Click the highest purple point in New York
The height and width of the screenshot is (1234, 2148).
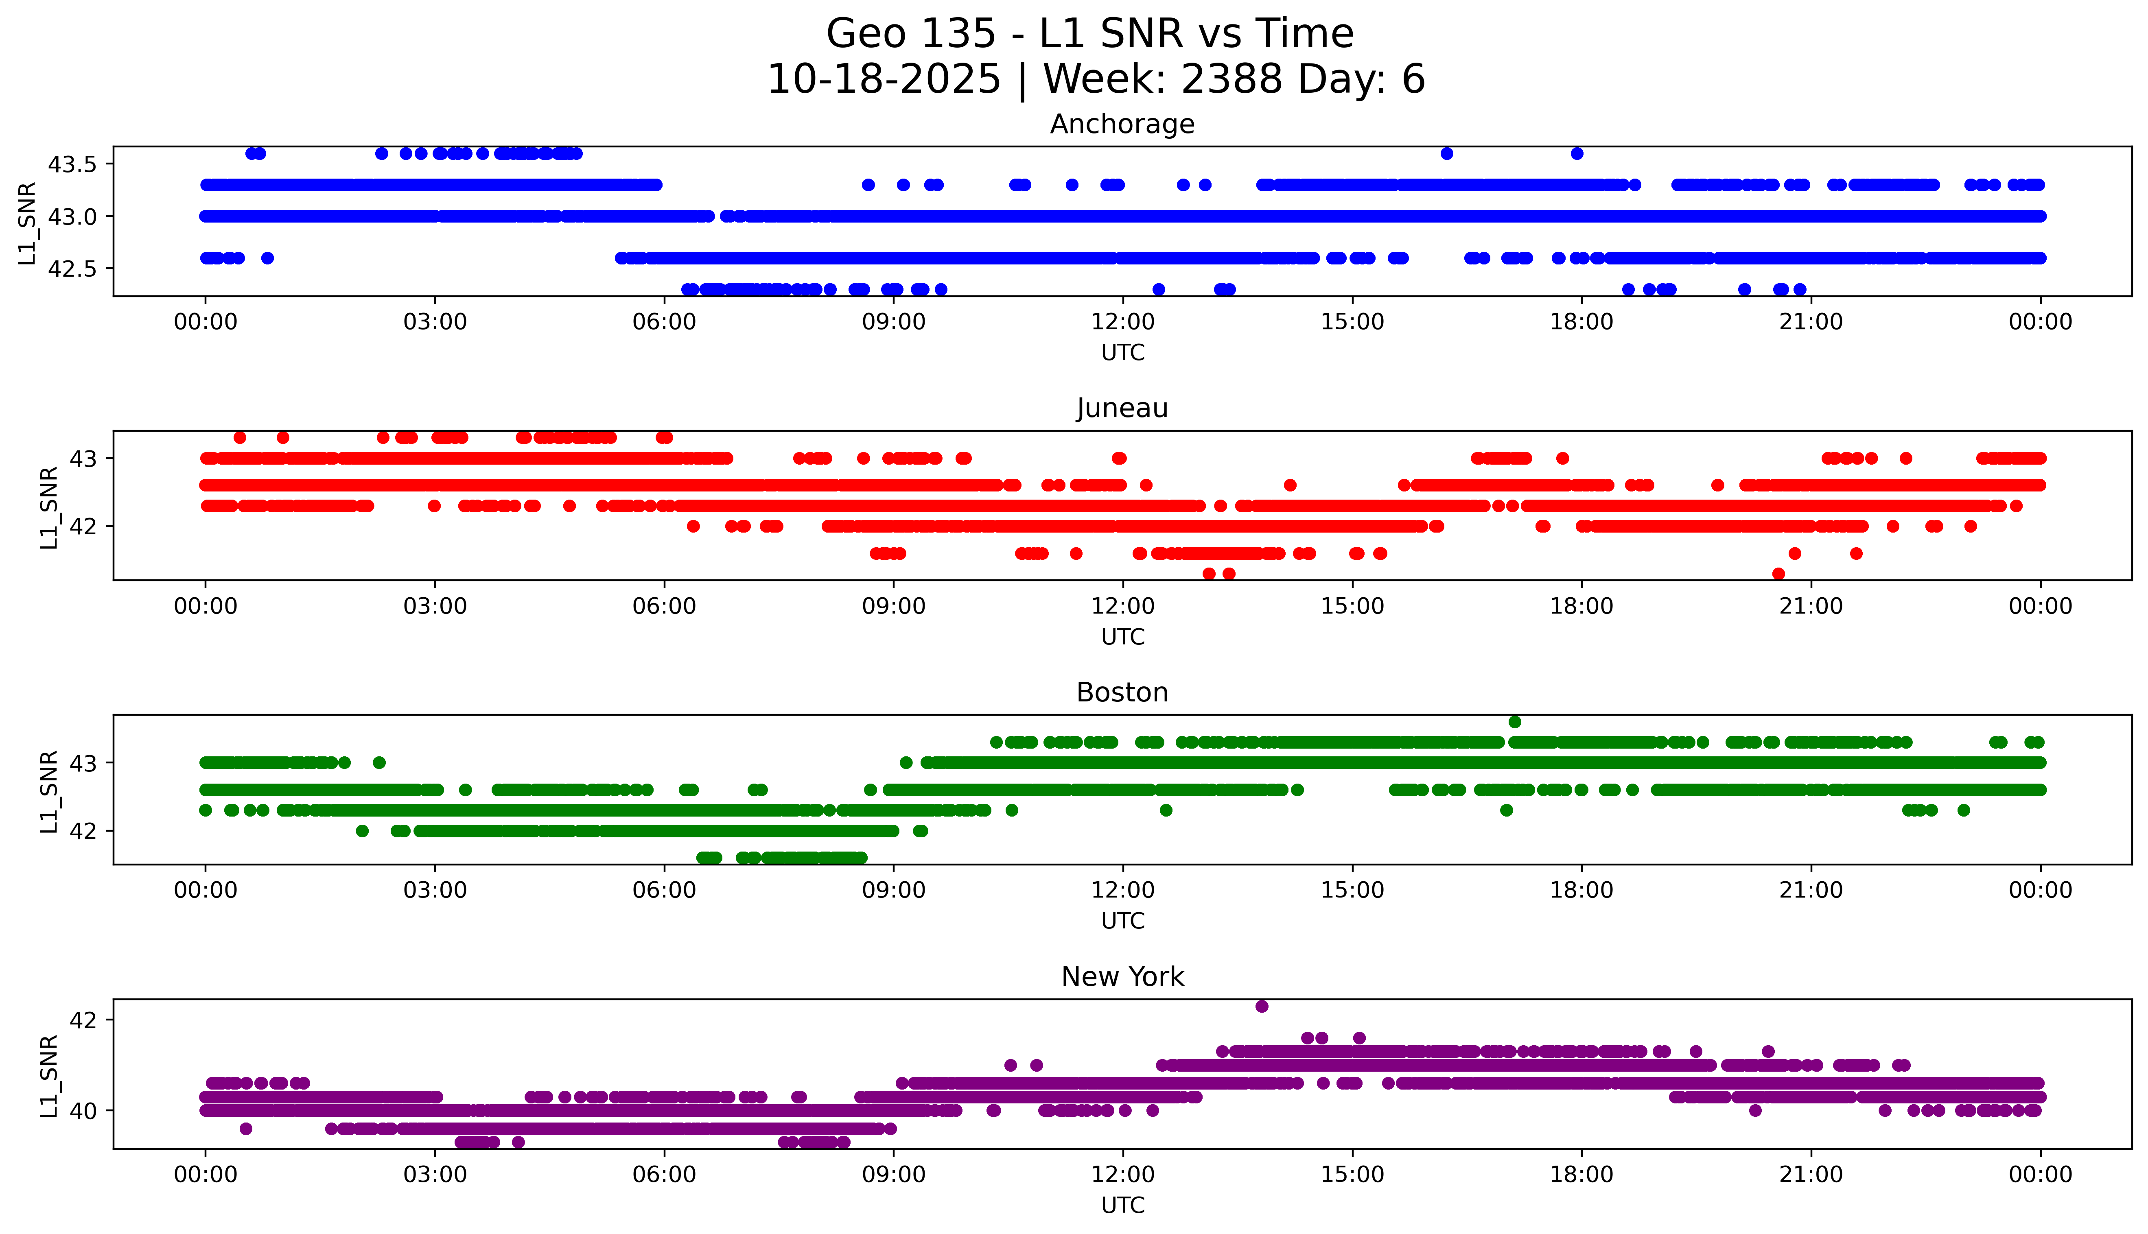click(1261, 1006)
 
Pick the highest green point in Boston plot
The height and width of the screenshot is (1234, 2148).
click(1515, 722)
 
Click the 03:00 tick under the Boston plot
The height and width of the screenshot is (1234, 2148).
click(435, 891)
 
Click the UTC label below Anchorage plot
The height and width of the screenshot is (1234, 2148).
click(1122, 353)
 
